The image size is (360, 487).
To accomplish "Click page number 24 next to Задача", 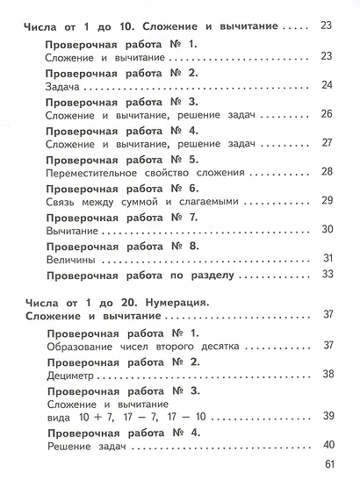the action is [328, 85].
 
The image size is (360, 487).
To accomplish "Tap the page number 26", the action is [328, 114].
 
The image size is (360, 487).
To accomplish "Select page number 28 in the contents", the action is [328, 171].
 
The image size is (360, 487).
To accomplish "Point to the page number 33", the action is [328, 274].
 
